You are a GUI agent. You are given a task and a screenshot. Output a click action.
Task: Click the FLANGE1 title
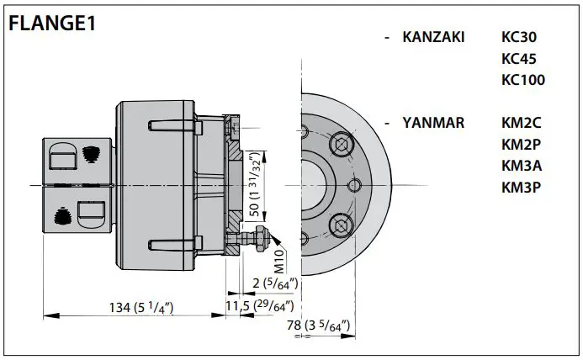[51, 23]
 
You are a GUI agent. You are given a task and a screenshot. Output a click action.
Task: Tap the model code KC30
[518, 38]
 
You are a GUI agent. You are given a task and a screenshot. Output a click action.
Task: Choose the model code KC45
[518, 59]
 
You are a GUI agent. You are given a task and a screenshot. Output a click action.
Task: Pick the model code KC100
[522, 81]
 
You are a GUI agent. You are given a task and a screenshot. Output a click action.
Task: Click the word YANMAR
[433, 123]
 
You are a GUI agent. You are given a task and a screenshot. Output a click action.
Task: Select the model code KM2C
[522, 123]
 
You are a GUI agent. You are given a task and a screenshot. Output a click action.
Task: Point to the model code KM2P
[522, 144]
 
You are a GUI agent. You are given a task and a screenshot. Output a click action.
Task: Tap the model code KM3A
[522, 165]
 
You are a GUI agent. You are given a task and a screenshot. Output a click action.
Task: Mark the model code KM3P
[522, 186]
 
